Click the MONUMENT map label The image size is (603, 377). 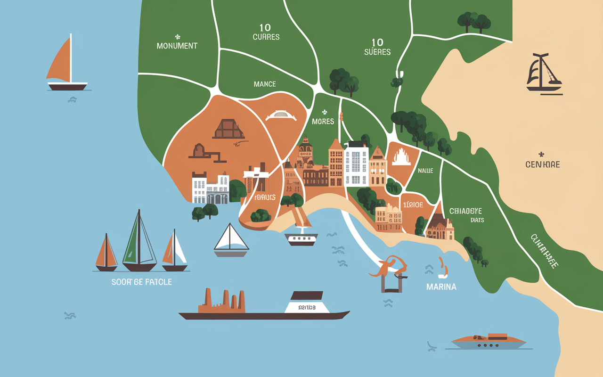(177, 46)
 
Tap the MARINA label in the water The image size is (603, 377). (441, 287)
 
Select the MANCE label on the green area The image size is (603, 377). (265, 84)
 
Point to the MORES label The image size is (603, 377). (323, 122)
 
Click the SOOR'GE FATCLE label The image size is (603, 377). (142, 282)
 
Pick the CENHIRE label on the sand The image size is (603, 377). (542, 164)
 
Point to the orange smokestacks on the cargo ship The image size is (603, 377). (225, 301)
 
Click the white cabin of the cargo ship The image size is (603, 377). (307, 304)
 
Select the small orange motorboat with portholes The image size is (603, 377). (489, 341)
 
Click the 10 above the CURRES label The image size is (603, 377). (265, 28)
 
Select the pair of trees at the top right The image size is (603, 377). (474, 22)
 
